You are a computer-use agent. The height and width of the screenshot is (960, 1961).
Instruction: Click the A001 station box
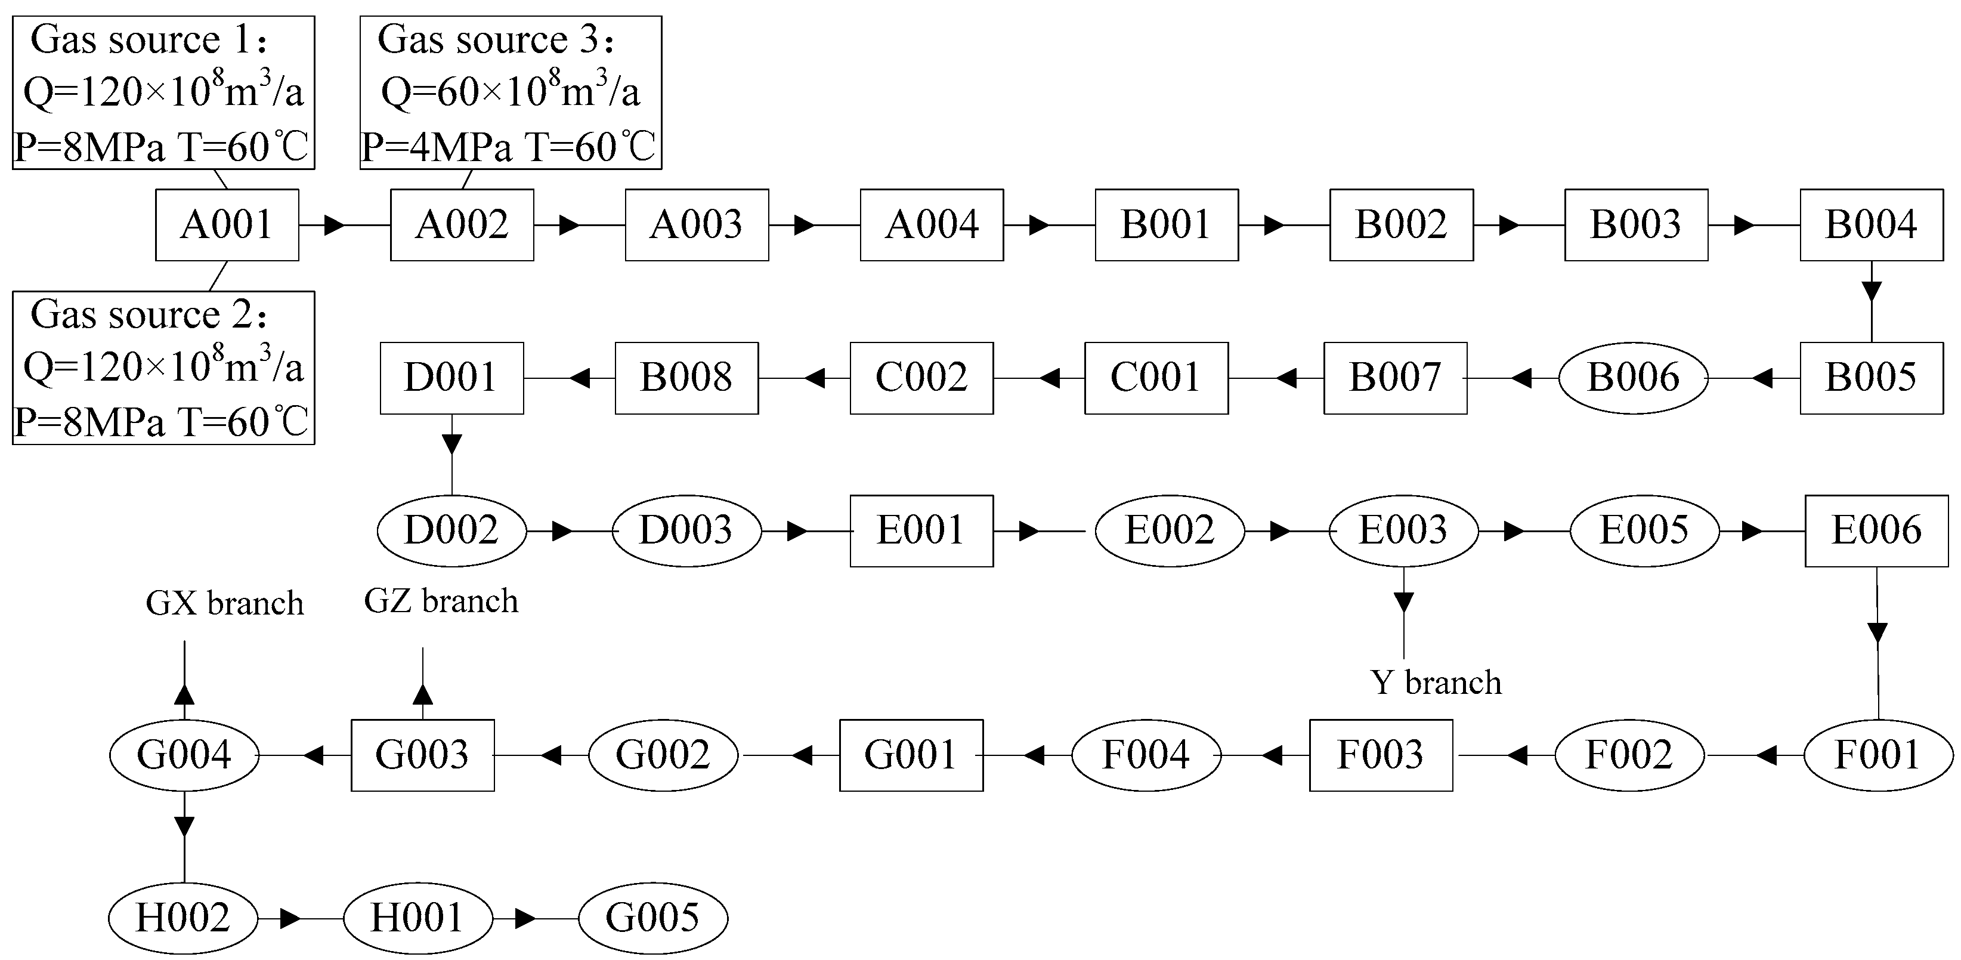point(227,224)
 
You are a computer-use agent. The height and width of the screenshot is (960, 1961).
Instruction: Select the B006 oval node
point(1633,378)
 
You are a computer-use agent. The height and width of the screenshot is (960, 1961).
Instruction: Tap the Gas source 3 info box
point(510,92)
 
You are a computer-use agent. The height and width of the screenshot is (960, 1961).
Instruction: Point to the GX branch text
point(225,603)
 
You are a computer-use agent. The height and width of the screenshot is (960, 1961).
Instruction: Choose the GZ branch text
point(441,601)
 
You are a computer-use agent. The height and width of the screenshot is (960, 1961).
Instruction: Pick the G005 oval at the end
point(652,918)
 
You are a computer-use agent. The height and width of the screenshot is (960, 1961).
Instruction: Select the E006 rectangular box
point(1876,530)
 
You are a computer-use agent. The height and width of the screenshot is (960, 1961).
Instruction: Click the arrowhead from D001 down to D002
point(452,444)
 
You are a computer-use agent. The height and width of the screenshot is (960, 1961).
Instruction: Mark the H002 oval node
point(183,918)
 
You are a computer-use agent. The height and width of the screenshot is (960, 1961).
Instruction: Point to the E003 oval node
point(1403,530)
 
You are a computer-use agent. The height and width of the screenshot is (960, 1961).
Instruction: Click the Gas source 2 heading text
point(149,314)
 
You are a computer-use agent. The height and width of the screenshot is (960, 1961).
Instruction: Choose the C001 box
point(1156,378)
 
